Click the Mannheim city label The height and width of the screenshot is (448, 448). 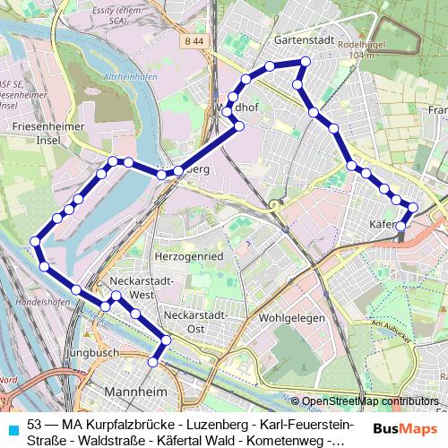click(137, 392)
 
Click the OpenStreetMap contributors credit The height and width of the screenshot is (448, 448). click(369, 401)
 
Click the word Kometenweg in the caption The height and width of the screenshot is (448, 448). click(288, 440)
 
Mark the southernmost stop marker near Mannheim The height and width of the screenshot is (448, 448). click(153, 362)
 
